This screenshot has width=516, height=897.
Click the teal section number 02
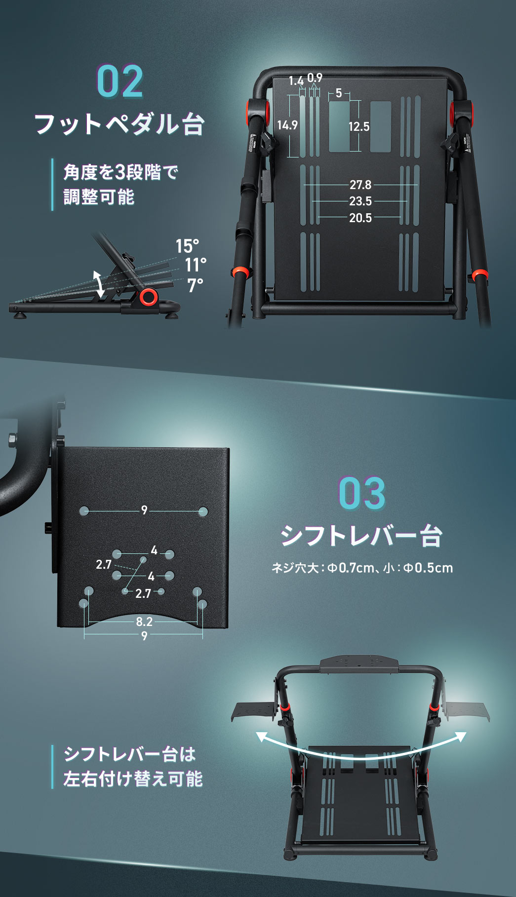120,82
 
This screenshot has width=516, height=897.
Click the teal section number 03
361,493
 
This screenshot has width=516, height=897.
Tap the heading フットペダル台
119,123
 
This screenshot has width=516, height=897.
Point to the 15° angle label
187,246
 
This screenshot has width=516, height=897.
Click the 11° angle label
196,265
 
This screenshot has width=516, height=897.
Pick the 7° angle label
196,285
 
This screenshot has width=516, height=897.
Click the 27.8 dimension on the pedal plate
360,185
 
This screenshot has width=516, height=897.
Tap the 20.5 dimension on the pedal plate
360,218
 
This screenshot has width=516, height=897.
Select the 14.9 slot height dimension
287,125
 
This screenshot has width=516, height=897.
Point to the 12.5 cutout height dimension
359,127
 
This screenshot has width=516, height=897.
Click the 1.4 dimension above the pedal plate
296,80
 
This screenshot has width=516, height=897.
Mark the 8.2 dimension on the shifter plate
144,622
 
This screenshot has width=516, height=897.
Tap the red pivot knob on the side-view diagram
148,297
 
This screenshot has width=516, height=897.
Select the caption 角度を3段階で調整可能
120,185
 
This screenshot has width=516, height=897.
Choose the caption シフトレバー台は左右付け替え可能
133,767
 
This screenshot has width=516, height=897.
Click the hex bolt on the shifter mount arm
11,438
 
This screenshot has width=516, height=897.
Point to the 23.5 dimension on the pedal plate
360,201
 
